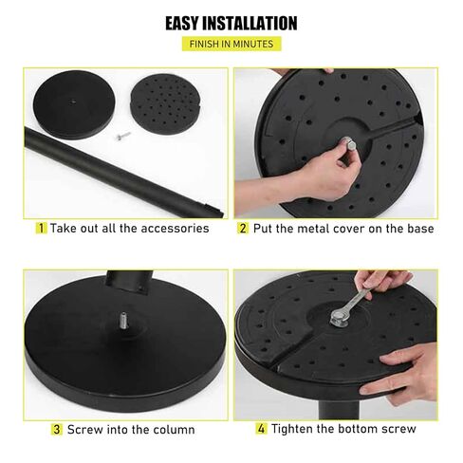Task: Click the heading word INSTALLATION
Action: point(250,23)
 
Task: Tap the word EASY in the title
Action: point(182,23)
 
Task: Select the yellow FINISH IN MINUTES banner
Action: point(231,44)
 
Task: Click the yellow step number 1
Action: point(42,228)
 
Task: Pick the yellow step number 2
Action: point(243,228)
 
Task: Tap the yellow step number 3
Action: point(57,430)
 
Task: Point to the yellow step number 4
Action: point(261,429)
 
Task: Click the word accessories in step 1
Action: point(175,229)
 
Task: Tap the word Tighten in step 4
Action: point(292,429)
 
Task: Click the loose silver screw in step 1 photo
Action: point(123,136)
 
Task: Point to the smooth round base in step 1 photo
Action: point(74,104)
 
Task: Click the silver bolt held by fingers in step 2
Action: point(349,145)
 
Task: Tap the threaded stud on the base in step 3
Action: point(123,320)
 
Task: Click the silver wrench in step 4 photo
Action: point(350,306)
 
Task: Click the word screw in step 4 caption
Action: point(398,429)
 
